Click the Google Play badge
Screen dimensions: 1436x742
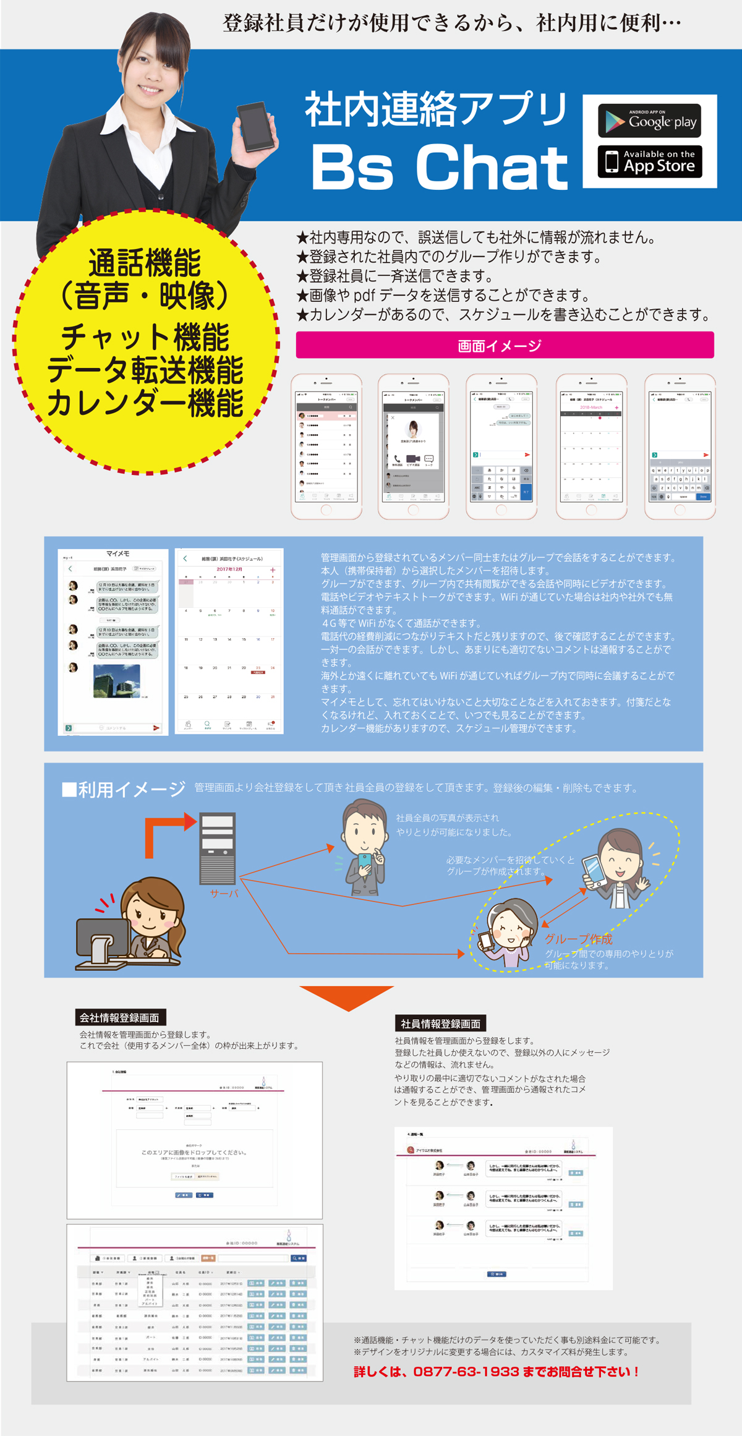click(649, 121)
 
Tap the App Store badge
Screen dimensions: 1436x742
click(649, 162)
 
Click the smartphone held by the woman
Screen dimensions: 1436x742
click(255, 126)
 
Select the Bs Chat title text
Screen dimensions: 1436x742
click(439, 167)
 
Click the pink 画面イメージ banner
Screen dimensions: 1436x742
click(505, 345)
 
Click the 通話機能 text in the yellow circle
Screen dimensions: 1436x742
click(145, 263)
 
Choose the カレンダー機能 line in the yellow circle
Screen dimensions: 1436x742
click(145, 404)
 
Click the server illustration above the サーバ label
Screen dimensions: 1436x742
click(218, 848)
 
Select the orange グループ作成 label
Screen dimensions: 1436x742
click(578, 939)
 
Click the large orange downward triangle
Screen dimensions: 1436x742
click(347, 996)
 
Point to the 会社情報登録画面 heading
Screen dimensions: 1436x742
click(120, 1017)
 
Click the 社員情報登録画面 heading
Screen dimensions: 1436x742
click(440, 1024)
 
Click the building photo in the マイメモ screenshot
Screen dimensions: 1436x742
click(116, 680)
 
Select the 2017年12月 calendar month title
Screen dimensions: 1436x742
click(229, 569)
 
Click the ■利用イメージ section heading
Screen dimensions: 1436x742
click(124, 789)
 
